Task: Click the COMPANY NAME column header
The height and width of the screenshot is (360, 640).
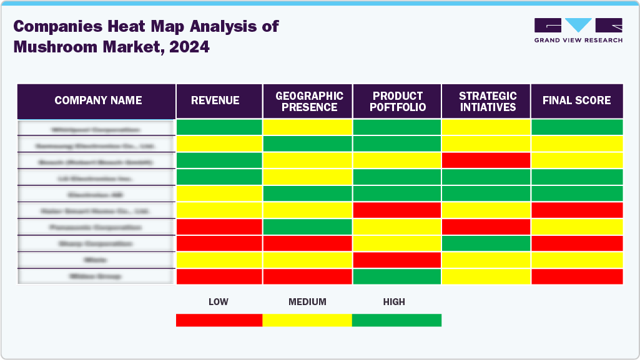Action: (x=98, y=101)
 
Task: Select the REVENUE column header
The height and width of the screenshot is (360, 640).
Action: (x=215, y=101)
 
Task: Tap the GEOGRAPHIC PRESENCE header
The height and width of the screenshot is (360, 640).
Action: (x=309, y=101)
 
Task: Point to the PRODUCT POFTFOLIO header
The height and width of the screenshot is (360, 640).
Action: (x=398, y=101)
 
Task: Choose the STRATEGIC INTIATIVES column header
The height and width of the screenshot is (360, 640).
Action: (x=487, y=101)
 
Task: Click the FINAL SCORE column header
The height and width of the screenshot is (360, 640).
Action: (x=576, y=101)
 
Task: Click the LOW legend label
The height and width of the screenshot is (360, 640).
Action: (x=218, y=302)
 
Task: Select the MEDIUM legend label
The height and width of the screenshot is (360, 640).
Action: (x=307, y=302)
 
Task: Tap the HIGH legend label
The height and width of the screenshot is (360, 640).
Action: (x=394, y=302)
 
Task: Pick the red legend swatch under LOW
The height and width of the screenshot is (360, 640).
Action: (x=219, y=320)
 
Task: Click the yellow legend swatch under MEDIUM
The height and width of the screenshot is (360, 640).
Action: (x=307, y=320)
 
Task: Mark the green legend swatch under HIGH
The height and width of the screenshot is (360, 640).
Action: (x=396, y=320)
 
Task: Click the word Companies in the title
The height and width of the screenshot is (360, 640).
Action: (x=55, y=26)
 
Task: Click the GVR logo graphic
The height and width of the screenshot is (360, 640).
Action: (x=578, y=26)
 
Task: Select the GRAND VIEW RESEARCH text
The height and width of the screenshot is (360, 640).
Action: (x=578, y=41)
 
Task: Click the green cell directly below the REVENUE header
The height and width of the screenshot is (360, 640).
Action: (x=219, y=127)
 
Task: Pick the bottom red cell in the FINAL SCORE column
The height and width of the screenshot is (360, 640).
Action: (x=577, y=276)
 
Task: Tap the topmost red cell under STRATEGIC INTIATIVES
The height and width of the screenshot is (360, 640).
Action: (x=486, y=160)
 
